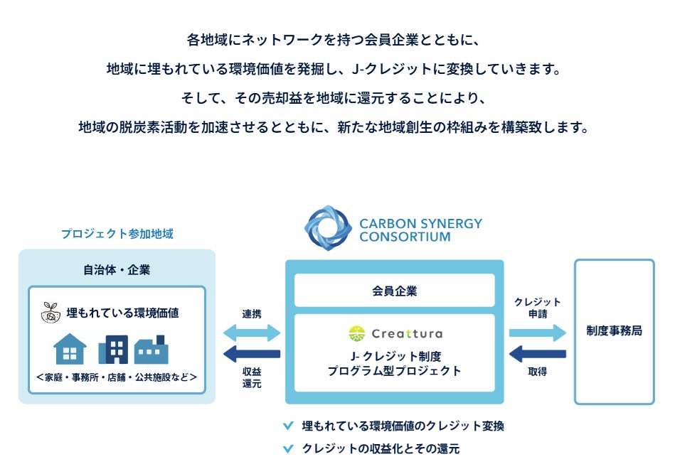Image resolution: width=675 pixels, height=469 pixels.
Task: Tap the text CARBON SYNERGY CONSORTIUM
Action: click(x=420, y=230)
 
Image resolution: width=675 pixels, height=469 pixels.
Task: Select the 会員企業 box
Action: click(x=394, y=291)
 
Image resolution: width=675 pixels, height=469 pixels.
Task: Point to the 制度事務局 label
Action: click(x=614, y=331)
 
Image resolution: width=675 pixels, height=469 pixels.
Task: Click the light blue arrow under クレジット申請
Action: click(x=537, y=333)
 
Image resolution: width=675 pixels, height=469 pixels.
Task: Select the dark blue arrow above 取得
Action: click(x=537, y=353)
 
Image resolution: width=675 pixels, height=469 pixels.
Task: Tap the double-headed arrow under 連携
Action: click(x=252, y=333)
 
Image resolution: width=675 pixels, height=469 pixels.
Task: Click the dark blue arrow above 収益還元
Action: click(x=252, y=354)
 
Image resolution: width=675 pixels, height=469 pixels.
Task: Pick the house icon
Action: click(x=70, y=349)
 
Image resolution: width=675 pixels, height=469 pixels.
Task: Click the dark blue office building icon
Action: click(x=113, y=349)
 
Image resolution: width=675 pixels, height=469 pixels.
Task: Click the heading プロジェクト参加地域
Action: click(x=117, y=233)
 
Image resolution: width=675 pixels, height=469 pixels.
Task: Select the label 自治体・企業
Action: click(x=117, y=270)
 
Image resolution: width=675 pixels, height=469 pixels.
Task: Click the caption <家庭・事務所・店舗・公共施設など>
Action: click(x=117, y=377)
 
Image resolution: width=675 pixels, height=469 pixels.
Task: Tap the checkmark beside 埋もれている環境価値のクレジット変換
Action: click(x=288, y=426)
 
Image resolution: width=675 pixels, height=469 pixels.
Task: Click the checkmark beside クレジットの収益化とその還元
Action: click(x=288, y=449)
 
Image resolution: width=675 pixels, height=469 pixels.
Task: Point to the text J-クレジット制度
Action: click(x=394, y=356)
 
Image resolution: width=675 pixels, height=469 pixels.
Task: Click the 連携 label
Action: click(x=252, y=314)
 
